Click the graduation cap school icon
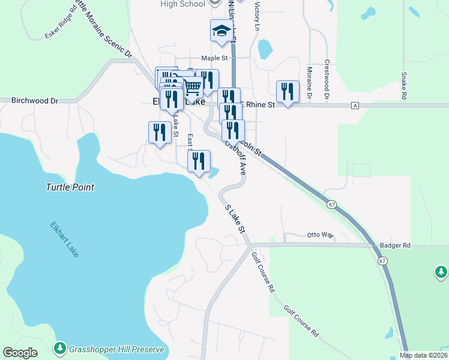click(221, 31)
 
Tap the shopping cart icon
click(192, 88)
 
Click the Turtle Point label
click(70, 187)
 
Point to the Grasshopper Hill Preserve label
click(116, 349)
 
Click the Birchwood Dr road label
click(34, 101)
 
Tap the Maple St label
click(215, 58)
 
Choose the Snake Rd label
click(404, 86)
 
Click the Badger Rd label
click(395, 245)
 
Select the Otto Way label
click(320, 235)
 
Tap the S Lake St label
click(236, 219)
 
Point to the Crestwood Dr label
click(327, 79)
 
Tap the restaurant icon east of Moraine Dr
click(288, 92)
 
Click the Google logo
click(20, 353)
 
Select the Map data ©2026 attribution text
click(423, 355)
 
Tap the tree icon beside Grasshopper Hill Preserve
click(59, 349)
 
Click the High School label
click(183, 4)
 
